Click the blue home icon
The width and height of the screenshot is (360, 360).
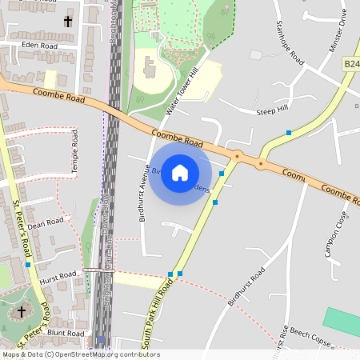pyautogui.click(x=180, y=172)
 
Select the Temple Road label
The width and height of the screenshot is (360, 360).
pyautogui.click(x=75, y=153)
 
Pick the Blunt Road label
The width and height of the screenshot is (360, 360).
pyautogui.click(x=66, y=332)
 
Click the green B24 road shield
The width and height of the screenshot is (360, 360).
pyautogui.click(x=352, y=63)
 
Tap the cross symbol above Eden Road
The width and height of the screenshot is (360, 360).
pyautogui.click(x=67, y=22)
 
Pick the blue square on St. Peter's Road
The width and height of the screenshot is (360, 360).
pyautogui.click(x=28, y=264)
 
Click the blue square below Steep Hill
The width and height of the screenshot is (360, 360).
pyautogui.click(x=288, y=132)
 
